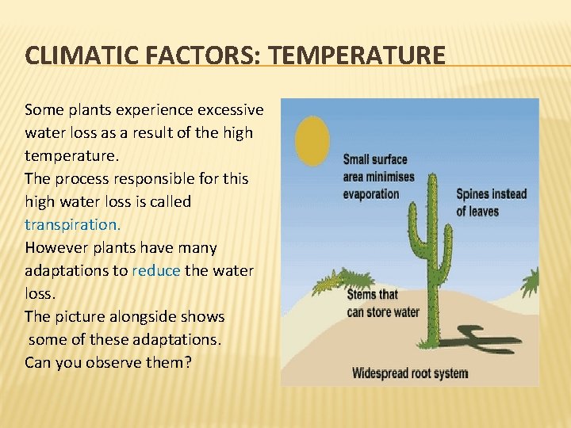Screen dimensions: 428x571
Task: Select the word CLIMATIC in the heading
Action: (x=74, y=55)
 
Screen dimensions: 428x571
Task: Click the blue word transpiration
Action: (x=72, y=224)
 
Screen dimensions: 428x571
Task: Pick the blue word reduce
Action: (x=156, y=270)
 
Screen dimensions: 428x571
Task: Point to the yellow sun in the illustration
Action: (x=312, y=140)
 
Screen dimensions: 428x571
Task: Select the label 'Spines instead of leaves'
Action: (x=491, y=202)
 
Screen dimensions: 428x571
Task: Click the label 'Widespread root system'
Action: (x=409, y=373)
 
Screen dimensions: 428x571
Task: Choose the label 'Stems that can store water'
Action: (x=383, y=304)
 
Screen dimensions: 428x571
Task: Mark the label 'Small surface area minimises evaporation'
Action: (x=379, y=176)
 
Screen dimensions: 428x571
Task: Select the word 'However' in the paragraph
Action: (x=55, y=247)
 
